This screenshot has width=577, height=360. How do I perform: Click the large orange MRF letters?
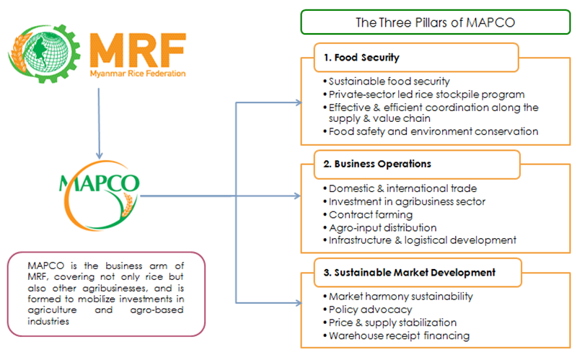pos(138,50)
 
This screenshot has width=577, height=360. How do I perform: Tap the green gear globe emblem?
pos(44,53)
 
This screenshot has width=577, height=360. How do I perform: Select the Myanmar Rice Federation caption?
pos(138,74)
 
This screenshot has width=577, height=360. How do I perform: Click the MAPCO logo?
pos(100,195)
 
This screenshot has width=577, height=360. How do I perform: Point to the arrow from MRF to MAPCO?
pos(99,123)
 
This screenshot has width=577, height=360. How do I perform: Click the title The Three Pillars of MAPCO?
pos(435,22)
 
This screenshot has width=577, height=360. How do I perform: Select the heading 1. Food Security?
pos(361,58)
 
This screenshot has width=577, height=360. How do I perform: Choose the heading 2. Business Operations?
pos(377,164)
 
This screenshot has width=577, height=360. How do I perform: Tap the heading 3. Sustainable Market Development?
pos(409,273)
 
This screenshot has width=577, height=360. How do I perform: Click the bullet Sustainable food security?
pos(387,82)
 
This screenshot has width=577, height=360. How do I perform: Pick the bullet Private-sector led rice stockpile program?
pos(424,95)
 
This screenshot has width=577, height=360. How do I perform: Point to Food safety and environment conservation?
pos(431,131)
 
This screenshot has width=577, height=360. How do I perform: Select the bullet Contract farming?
pos(368,214)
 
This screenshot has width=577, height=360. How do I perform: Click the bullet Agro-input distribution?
pos(380,228)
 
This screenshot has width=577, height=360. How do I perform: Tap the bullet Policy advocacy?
pos(368,309)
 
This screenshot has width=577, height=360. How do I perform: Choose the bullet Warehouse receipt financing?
pos(396,335)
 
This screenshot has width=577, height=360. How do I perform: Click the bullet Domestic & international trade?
pos(400,188)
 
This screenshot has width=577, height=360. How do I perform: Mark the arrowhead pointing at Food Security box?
pos(298,102)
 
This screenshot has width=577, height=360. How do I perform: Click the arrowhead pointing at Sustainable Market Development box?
pos(298,303)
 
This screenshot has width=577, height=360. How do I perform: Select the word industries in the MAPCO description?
pos(48,321)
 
